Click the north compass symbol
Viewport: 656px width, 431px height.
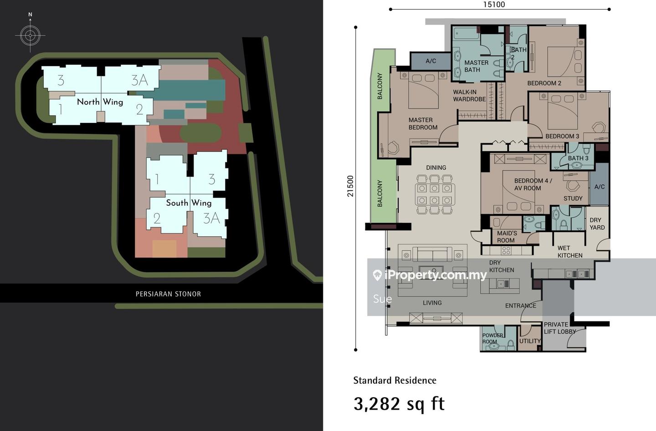pos(30,35)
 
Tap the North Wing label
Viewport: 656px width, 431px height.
pos(100,102)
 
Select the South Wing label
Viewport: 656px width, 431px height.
pos(189,203)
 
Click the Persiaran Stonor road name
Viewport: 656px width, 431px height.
pos(168,294)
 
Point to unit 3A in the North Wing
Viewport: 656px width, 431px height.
pos(139,80)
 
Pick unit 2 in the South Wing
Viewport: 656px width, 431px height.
pos(157,218)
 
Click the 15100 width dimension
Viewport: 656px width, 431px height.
pos(494,5)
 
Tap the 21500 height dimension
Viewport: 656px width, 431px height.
pos(351,186)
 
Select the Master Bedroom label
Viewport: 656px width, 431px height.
pos(423,123)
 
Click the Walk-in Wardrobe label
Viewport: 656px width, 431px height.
pos(469,96)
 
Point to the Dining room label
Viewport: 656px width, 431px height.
pos(436,167)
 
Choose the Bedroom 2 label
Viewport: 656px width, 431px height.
pos(544,83)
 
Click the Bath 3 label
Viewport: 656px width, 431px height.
pos(578,158)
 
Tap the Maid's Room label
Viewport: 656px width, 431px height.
pos(507,237)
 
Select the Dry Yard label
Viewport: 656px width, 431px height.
pos(597,223)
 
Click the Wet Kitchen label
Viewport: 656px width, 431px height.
pos(570,252)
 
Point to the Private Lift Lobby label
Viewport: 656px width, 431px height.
pos(559,328)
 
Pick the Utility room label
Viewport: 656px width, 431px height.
pos(530,341)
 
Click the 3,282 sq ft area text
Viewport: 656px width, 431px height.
pos(399,404)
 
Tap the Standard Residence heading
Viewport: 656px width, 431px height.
pos(395,380)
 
